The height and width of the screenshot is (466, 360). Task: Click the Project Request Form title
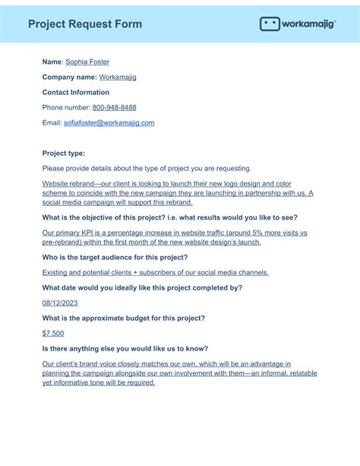85,24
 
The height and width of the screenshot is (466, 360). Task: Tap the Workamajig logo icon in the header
270,24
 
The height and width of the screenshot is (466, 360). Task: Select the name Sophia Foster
87,62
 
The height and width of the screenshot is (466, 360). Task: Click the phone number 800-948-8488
114,107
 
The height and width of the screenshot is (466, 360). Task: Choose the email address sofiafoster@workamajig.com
109,122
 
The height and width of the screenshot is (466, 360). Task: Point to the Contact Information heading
76,92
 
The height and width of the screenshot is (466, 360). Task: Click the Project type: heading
64,153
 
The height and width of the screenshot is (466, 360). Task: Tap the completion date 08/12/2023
60,303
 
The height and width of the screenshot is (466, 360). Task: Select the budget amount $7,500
53,333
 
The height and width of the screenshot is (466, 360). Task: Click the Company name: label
70,77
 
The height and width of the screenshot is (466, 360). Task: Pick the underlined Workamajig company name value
118,77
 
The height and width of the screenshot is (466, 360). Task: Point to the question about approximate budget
123,318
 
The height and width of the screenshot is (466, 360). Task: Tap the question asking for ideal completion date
142,287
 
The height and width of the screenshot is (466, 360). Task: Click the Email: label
52,122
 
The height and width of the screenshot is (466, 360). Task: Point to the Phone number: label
66,107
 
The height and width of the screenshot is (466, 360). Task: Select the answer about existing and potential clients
155,272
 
